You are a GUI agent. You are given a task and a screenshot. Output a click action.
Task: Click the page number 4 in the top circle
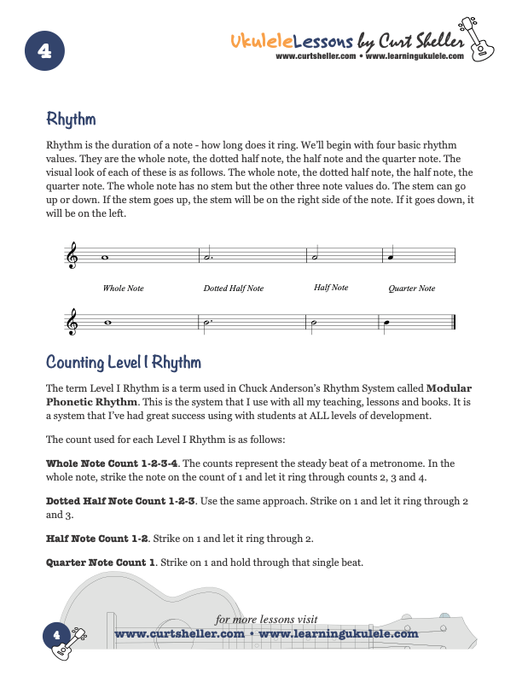pos(45,51)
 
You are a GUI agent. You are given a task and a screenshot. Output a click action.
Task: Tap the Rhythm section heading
pos(71,119)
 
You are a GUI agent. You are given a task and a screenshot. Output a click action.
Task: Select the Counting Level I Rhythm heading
pos(124,363)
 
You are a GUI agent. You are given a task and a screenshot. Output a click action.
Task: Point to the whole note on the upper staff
pos(104,256)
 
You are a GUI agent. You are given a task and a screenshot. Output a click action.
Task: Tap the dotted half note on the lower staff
pos(207,323)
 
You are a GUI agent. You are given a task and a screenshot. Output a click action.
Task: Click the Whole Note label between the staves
pos(123,288)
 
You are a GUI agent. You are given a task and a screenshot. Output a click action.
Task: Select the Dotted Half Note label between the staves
pos(233,288)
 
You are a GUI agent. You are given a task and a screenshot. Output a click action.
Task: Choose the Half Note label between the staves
pos(331,288)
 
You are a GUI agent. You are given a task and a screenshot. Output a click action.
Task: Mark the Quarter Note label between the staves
pos(411,288)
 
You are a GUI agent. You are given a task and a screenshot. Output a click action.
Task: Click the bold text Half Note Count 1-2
pos(96,539)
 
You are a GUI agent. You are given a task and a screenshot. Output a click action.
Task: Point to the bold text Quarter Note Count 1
pos(101,562)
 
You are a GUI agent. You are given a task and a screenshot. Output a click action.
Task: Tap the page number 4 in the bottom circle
pos(55,634)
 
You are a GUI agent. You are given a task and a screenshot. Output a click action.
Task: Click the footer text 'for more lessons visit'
pos(266,620)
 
